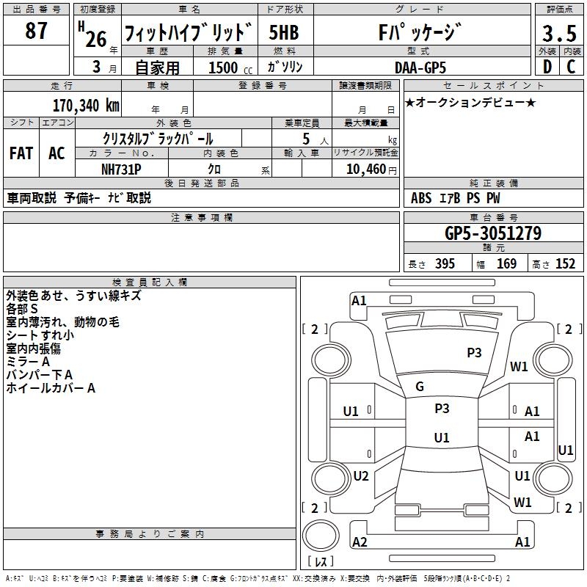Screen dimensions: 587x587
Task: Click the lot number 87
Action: (x=36, y=32)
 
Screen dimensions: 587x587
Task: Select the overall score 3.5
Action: (x=558, y=34)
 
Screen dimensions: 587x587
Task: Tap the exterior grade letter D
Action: (x=547, y=66)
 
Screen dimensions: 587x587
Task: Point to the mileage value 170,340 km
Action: (x=86, y=106)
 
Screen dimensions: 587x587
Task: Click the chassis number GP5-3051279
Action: (x=493, y=233)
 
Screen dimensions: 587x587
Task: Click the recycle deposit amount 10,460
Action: (x=364, y=169)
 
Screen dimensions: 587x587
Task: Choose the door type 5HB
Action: (x=284, y=34)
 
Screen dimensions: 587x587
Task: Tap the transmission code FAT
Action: (x=21, y=153)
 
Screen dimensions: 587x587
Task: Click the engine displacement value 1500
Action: (x=223, y=68)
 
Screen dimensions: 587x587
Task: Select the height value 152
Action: (x=565, y=264)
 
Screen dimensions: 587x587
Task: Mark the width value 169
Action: (x=506, y=264)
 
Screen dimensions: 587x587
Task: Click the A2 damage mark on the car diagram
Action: (x=360, y=542)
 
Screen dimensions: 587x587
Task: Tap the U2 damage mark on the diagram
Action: (x=360, y=476)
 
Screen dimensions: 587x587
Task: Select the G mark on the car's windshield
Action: (x=420, y=387)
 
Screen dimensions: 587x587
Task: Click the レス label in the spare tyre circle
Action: (x=320, y=562)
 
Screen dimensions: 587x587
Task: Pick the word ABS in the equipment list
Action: (x=421, y=198)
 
